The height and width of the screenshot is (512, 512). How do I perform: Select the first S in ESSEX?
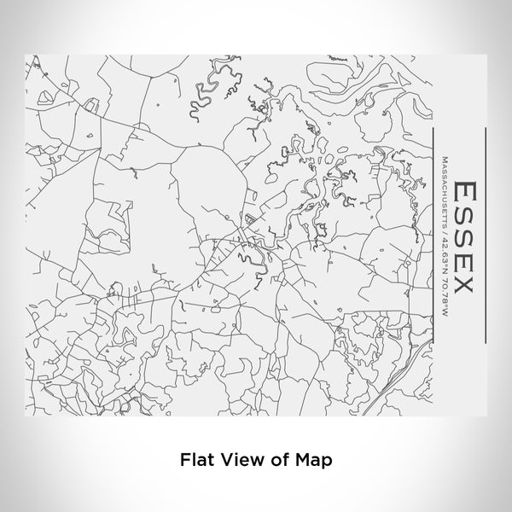pyautogui.click(x=464, y=212)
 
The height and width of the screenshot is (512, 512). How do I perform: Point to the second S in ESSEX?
pyautogui.click(x=464, y=236)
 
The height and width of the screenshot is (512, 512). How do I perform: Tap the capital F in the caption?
pyautogui.click(x=183, y=459)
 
